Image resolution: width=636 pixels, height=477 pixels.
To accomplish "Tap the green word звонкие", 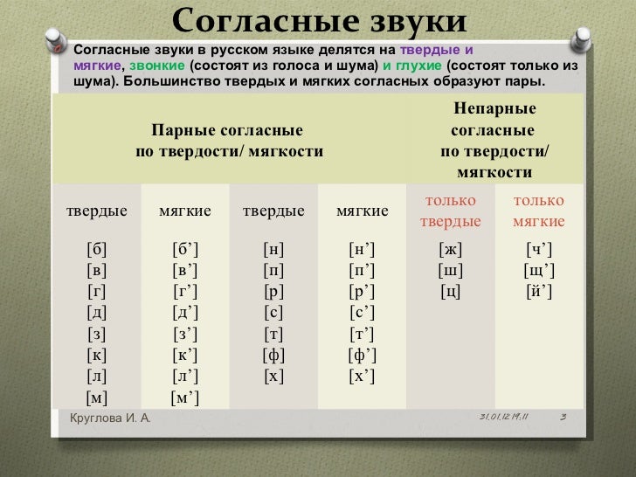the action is pyautogui.click(x=157, y=66).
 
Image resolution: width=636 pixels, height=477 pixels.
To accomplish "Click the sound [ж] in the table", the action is pyautogui.click(x=450, y=250).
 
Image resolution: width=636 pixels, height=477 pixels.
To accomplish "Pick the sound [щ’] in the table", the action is pyautogui.click(x=539, y=271).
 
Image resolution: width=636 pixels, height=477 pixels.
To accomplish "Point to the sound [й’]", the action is pyautogui.click(x=539, y=292).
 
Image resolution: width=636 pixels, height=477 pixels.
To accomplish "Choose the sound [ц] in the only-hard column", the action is pyautogui.click(x=450, y=292).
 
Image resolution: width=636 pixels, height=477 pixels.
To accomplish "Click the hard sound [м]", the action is pyautogui.click(x=96, y=397).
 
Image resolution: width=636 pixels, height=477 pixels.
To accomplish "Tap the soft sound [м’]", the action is pyautogui.click(x=185, y=397).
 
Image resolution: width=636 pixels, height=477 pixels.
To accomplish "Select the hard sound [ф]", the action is pyautogui.click(x=273, y=356).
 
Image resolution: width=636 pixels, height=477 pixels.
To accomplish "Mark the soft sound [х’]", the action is pyautogui.click(x=363, y=377).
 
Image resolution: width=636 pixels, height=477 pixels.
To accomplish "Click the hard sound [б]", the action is pyautogui.click(x=96, y=250).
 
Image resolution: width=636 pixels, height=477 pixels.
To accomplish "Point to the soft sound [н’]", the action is pyautogui.click(x=363, y=250).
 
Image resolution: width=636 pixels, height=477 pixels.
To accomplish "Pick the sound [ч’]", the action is pyautogui.click(x=539, y=250).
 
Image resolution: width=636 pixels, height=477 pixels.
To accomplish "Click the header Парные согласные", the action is pyautogui.click(x=227, y=131).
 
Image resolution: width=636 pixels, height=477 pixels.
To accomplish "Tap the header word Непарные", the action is pyautogui.click(x=494, y=108).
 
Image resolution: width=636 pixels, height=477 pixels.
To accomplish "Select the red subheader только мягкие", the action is pyautogui.click(x=539, y=211).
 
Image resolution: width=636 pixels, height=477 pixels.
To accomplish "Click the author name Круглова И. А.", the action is pyautogui.click(x=110, y=418).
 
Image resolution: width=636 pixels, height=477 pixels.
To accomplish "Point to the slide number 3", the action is pyautogui.click(x=563, y=417).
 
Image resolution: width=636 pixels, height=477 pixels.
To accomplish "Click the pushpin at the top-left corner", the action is pyautogui.click(x=57, y=40).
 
